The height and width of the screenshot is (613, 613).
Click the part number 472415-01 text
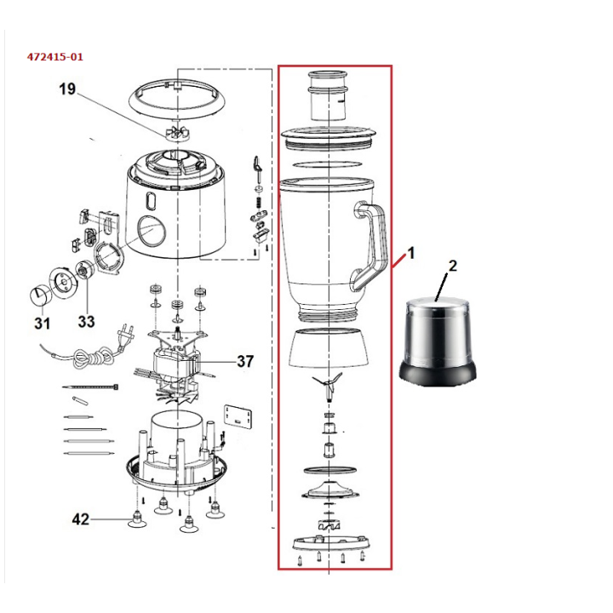pyautogui.click(x=55, y=57)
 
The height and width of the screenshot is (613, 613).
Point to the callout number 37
pyautogui.click(x=245, y=361)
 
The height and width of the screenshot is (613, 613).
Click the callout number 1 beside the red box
pyautogui.click(x=410, y=253)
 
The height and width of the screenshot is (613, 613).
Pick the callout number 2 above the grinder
pyautogui.click(x=452, y=266)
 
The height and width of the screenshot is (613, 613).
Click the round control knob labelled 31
pyautogui.click(x=39, y=295)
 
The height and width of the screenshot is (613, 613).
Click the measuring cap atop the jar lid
pyautogui.click(x=329, y=95)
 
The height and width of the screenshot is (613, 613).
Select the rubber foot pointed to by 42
pyautogui.click(x=135, y=520)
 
